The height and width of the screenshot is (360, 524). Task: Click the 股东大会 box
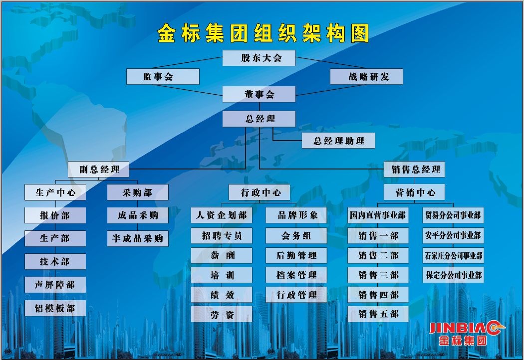[259, 58]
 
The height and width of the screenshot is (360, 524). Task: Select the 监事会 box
[163, 76]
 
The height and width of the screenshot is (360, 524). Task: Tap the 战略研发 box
[366, 76]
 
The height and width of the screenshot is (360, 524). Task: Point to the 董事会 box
[259, 94]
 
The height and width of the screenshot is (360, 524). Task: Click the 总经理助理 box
[338, 141]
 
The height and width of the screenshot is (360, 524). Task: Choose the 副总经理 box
[99, 170]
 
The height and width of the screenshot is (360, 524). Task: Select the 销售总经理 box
[414, 170]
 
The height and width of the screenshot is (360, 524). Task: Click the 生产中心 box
[55, 192]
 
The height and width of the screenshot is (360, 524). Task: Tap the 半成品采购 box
[138, 238]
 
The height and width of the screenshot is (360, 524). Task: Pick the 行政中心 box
[260, 192]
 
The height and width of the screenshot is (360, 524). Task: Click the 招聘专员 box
[222, 236]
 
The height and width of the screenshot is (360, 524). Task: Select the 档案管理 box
[296, 275]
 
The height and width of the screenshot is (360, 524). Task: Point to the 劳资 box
[222, 314]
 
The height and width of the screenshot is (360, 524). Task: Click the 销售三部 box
[378, 275]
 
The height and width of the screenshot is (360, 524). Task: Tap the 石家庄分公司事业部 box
[453, 255]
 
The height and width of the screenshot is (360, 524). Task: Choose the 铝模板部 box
[55, 308]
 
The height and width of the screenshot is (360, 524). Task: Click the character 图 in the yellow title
[360, 33]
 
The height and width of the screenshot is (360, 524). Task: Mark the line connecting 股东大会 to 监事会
[188, 63]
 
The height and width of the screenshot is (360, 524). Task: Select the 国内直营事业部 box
[378, 215]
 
